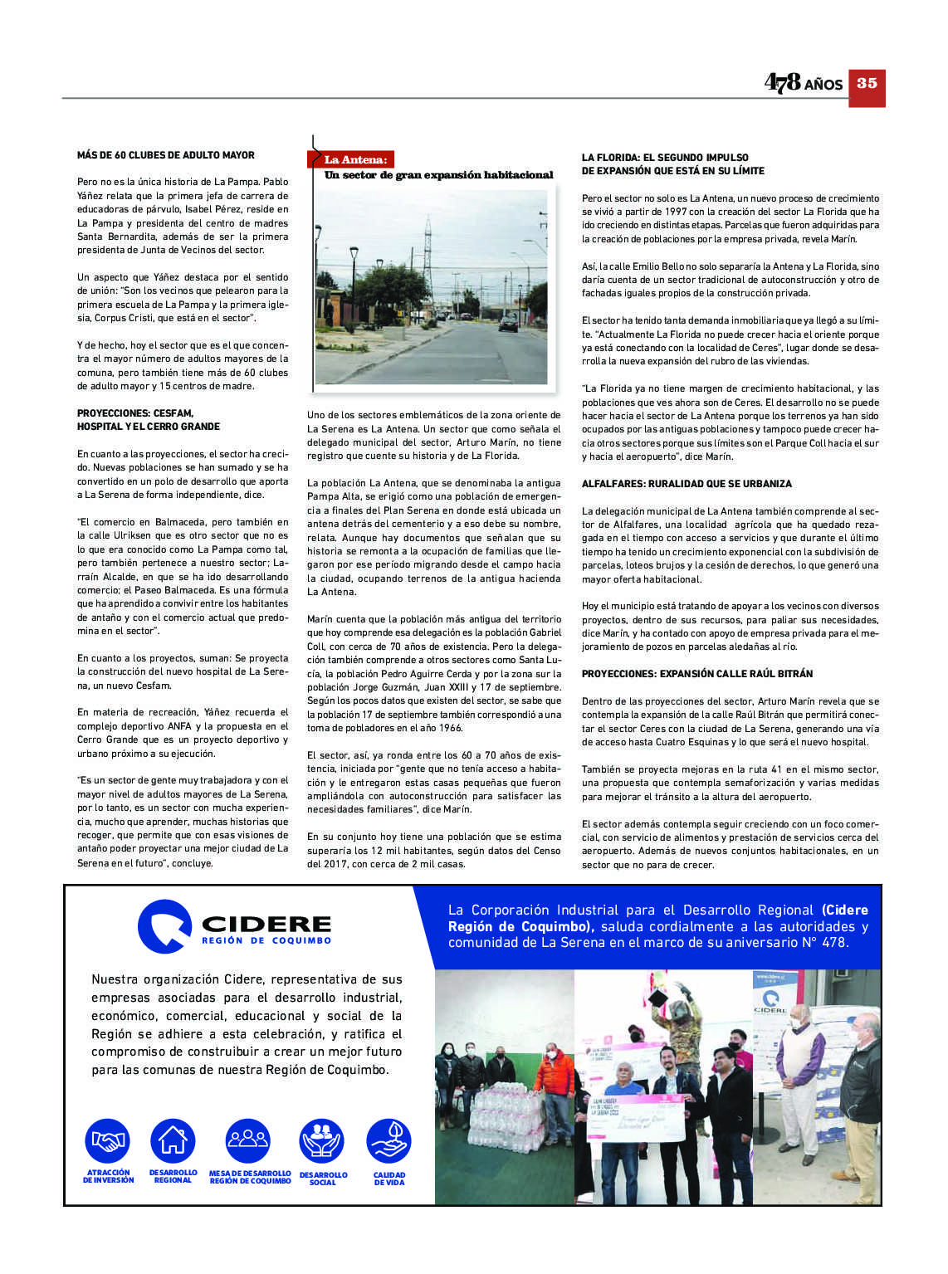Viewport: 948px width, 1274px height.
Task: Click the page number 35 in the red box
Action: [x=867, y=83]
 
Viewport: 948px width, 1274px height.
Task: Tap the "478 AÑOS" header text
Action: [x=803, y=83]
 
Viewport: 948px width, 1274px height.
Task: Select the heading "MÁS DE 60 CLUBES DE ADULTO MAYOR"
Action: [x=166, y=155]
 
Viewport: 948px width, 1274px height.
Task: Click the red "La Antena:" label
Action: [x=354, y=159]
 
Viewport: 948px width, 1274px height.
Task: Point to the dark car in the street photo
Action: [x=508, y=324]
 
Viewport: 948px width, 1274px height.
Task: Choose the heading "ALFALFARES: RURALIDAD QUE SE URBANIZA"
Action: [x=687, y=484]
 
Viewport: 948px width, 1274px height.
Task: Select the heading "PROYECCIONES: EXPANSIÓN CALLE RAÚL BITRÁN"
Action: [x=697, y=674]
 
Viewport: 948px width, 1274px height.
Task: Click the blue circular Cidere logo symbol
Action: [x=164, y=926]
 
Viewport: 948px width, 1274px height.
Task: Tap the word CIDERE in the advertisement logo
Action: [x=266, y=924]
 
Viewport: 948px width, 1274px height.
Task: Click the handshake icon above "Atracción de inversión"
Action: [x=107, y=1141]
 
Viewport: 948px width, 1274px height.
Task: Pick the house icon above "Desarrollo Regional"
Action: [x=173, y=1141]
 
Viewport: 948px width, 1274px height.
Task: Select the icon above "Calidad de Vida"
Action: [x=388, y=1141]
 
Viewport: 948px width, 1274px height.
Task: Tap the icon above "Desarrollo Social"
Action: [x=322, y=1141]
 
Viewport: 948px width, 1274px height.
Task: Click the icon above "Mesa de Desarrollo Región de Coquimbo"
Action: [x=247, y=1141]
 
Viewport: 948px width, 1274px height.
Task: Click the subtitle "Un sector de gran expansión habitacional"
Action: [x=438, y=175]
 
